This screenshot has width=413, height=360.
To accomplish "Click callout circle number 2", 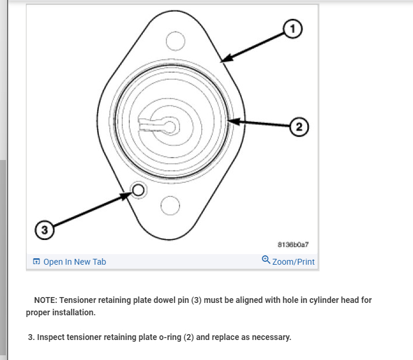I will (x=299, y=126).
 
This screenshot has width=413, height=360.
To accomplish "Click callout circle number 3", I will (x=44, y=229).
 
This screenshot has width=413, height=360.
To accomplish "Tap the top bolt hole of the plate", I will (x=175, y=41).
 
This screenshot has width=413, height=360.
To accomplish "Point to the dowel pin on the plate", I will (x=138, y=189).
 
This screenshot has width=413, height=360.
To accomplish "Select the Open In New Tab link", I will (x=74, y=262).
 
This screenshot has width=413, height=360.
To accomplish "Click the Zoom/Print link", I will (x=293, y=262).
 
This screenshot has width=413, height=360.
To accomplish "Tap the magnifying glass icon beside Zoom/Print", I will (x=266, y=260).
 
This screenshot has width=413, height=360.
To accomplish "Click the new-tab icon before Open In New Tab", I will (x=36, y=262).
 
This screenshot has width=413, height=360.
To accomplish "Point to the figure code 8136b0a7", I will (x=293, y=244).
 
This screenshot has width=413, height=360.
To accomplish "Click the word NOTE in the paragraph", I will (x=45, y=300).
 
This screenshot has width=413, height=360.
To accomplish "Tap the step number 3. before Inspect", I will (x=31, y=337).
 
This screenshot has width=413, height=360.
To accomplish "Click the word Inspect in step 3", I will (x=52, y=337).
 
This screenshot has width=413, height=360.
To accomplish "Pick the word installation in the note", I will (x=73, y=312).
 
